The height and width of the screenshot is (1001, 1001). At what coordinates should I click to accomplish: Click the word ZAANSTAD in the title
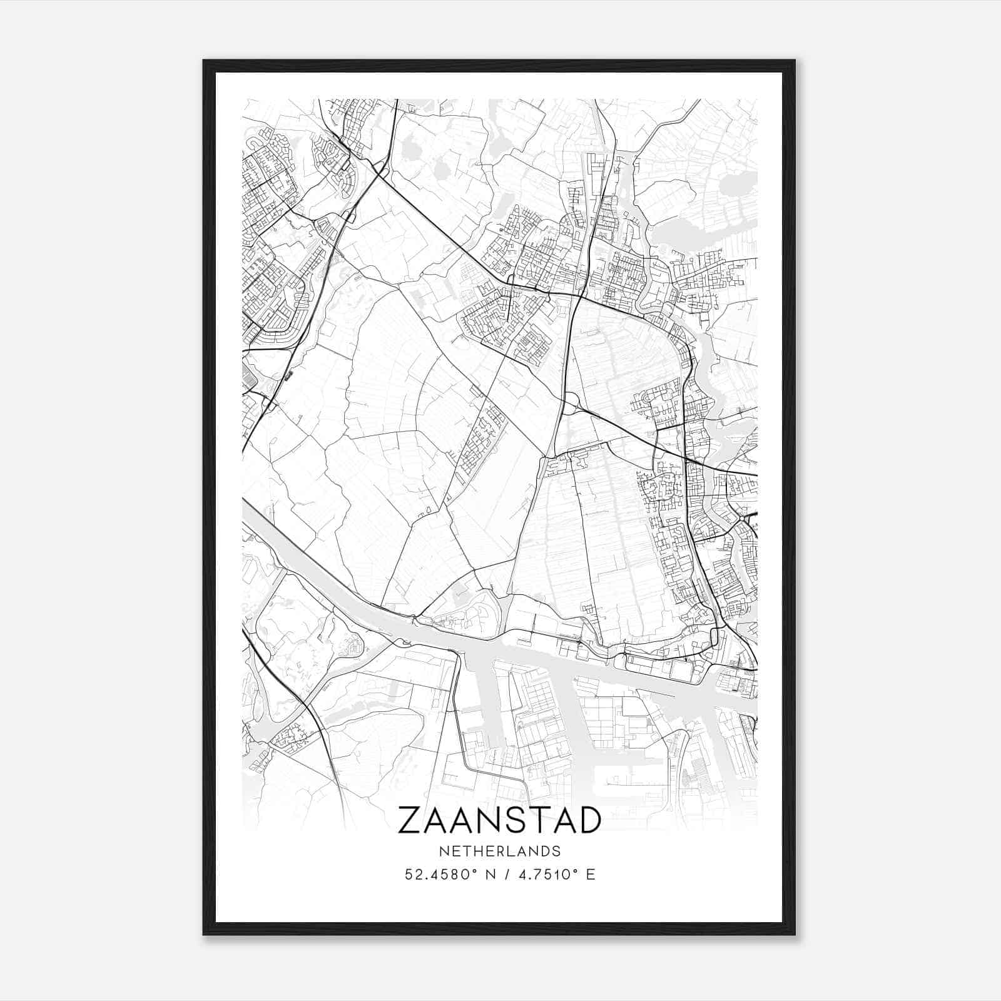click(499, 820)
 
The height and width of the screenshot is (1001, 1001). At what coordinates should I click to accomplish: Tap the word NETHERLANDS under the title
click(499, 851)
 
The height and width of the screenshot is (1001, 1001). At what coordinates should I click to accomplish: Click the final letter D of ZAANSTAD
click(589, 820)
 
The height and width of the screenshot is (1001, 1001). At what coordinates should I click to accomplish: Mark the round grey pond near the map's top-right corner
click(729, 184)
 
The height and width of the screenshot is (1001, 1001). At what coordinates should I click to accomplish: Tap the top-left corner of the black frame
click(204, 61)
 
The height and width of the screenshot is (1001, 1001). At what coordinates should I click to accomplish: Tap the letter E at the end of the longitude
click(591, 875)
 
